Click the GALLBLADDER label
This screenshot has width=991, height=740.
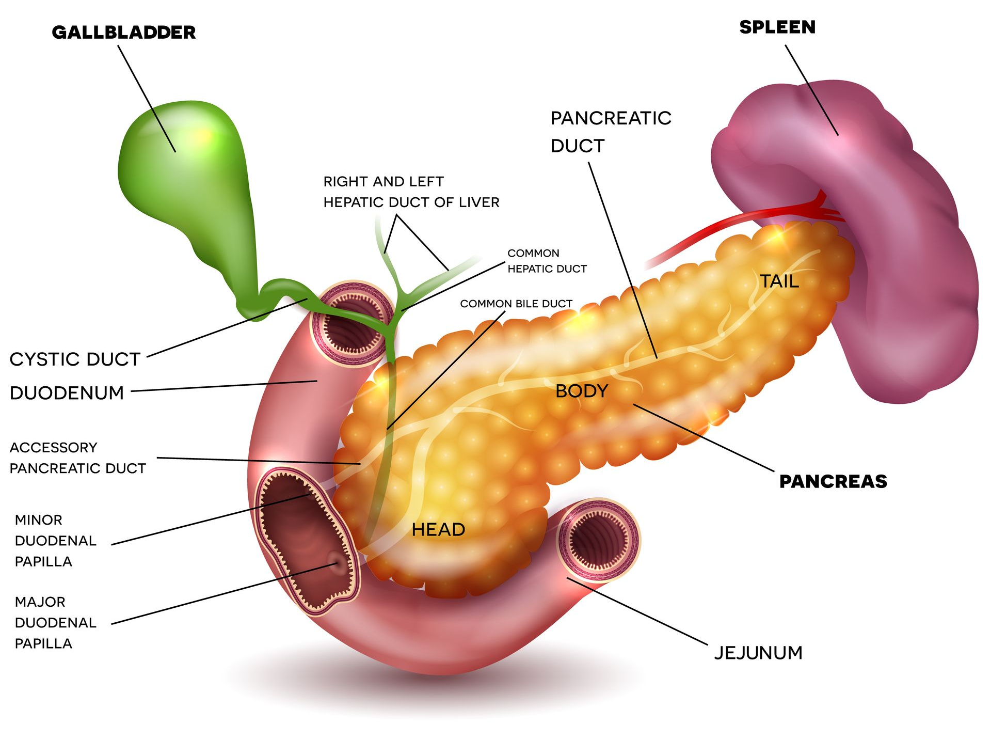pos(124,33)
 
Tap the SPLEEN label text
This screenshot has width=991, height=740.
pos(777,27)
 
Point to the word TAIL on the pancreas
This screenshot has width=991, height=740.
pos(779,281)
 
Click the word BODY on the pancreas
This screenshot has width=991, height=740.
pos(582,391)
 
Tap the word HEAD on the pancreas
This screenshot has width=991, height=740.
pos(438,530)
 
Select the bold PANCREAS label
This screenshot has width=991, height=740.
pos(833,481)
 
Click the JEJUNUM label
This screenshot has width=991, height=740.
pos(758,653)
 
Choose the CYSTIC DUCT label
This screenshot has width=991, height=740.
pos(75,359)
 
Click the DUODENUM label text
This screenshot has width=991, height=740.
pos(67,393)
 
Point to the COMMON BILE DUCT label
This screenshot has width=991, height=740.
pos(516,304)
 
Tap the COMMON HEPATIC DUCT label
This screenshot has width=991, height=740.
pos(547,261)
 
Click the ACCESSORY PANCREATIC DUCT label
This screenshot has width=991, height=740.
pos(77,458)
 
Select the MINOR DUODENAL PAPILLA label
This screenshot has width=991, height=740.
pos(56,541)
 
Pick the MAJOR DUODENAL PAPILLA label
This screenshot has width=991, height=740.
pos(56,623)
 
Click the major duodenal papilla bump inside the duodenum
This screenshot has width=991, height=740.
pos(338,563)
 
